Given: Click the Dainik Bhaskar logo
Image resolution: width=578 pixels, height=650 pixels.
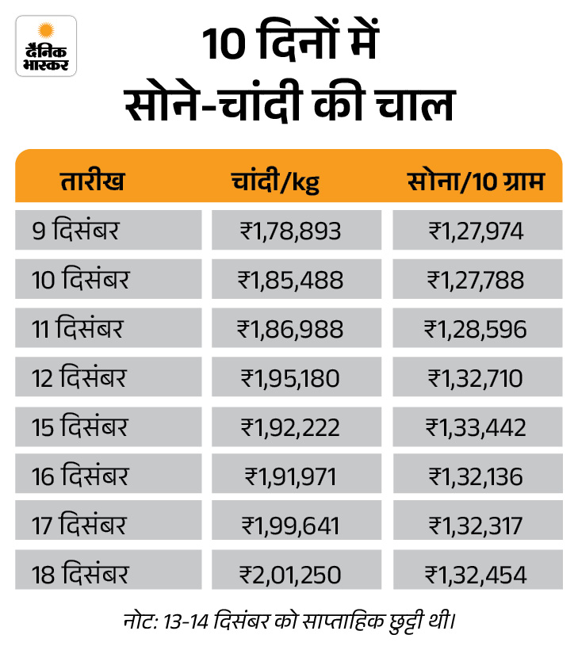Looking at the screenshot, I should click(46, 46).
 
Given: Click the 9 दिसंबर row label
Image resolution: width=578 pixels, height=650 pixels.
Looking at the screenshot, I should click(75, 231).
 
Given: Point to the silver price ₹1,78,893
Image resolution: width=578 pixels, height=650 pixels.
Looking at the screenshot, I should click(290, 231).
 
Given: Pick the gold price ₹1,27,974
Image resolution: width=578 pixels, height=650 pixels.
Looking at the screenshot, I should click(476, 231).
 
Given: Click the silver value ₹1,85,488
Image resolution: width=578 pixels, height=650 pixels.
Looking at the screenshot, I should click(290, 280).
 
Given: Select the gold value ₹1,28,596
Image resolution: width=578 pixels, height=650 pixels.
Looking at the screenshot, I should click(476, 329).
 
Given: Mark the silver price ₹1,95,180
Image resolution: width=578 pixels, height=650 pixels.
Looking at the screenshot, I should click(290, 378).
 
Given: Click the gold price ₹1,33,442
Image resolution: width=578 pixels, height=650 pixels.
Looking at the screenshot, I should click(476, 427).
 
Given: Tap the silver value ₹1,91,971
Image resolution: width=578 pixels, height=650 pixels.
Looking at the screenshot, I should click(290, 476).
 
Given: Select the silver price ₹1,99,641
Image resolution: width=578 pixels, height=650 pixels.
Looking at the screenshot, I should click(290, 526).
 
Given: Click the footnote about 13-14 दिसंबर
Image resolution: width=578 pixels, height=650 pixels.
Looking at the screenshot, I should click(289, 618).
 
